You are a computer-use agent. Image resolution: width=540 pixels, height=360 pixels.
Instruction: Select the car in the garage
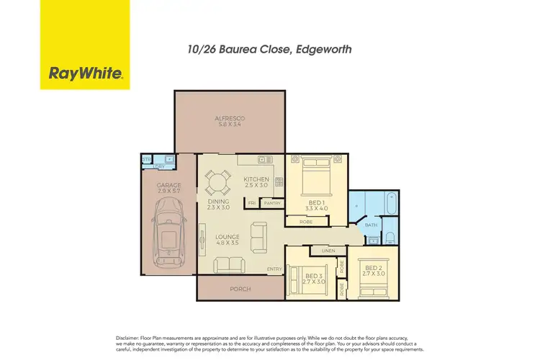pyautogui.click(x=169, y=232)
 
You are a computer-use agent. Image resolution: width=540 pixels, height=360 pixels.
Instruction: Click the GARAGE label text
pyautogui.click(x=169, y=185)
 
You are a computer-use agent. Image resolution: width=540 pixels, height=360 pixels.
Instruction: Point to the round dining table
pyautogui.click(x=216, y=181)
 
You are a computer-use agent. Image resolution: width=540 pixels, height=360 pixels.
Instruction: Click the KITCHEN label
pyautogui.click(x=256, y=179)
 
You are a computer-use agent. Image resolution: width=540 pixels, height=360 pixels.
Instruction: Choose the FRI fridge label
pyautogui.click(x=252, y=204)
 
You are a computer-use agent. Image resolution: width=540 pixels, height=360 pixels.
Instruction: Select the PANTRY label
pyautogui.click(x=271, y=204)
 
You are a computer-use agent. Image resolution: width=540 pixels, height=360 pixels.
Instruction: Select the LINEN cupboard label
pyautogui.click(x=329, y=250)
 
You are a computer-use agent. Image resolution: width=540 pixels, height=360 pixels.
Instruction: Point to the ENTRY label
pyautogui.click(x=274, y=270)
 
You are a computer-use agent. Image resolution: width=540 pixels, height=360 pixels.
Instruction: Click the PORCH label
pyautogui.click(x=240, y=289)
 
